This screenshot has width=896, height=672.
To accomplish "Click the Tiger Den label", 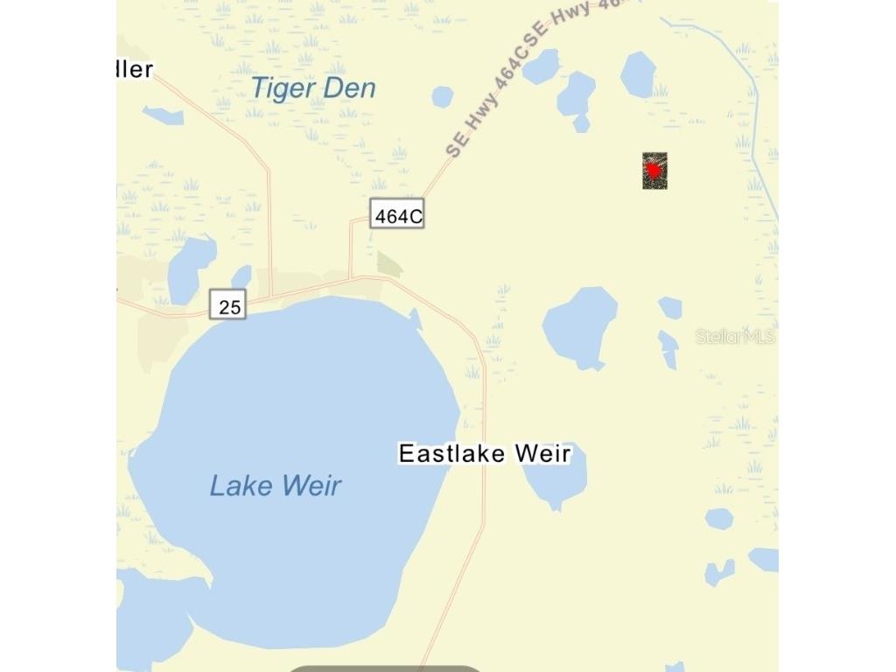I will click(x=313, y=88).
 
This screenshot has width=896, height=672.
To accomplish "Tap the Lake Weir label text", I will click(x=275, y=486).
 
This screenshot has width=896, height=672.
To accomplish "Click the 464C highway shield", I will click(x=396, y=215).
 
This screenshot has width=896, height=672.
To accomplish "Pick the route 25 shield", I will click(x=228, y=306).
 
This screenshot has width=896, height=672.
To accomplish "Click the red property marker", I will click(x=654, y=171).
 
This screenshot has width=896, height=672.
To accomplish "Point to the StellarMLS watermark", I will click(x=735, y=336).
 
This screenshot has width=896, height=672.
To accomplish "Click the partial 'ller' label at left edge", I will click(x=136, y=69).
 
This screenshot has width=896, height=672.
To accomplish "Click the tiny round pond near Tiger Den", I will click(x=443, y=96).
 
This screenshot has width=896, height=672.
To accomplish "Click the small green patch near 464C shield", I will click(x=388, y=263).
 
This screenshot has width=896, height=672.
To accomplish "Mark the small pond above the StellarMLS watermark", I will click(x=671, y=307).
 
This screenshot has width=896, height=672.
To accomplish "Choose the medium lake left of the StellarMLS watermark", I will click(x=579, y=326).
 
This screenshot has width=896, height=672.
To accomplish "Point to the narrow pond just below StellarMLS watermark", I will click(x=668, y=350).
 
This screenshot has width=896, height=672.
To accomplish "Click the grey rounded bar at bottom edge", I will click(x=385, y=668).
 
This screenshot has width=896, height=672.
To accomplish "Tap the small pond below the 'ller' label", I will click(x=164, y=115).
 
